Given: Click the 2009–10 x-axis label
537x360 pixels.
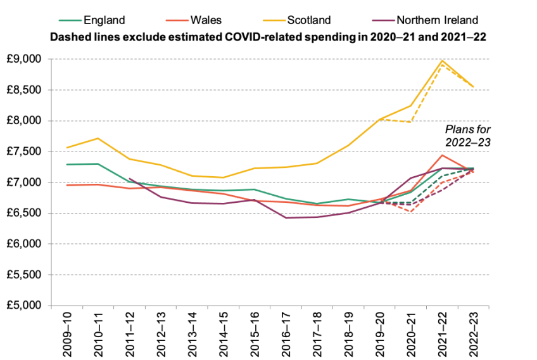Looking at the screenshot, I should [x=66, y=333].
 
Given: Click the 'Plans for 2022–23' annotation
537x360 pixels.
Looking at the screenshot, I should [x=468, y=135].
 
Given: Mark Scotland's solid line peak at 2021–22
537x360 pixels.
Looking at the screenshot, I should [x=442, y=61].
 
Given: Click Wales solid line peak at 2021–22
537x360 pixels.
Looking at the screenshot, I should [x=442, y=155].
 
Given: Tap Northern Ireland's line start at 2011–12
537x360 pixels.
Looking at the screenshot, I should [x=130, y=178].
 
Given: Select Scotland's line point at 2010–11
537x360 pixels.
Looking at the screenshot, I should [x=96, y=138].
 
